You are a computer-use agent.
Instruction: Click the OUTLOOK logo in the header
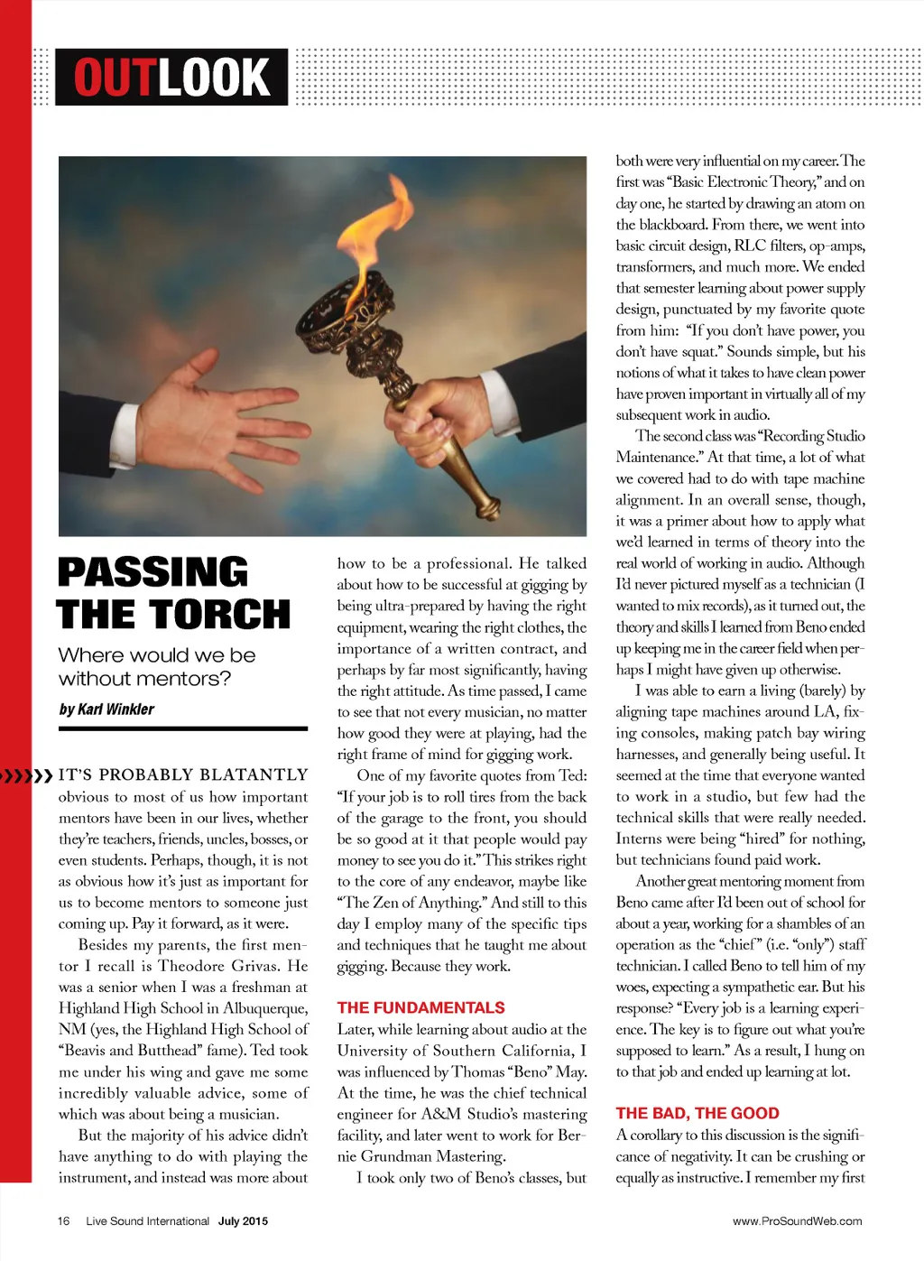(x=171, y=77)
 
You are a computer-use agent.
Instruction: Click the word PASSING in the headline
(x=152, y=572)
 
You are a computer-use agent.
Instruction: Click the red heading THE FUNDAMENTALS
(x=420, y=1007)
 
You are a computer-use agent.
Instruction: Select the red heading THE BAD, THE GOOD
(x=698, y=1113)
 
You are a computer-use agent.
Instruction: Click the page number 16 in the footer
(x=63, y=1221)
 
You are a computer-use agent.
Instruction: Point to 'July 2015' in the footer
(x=243, y=1221)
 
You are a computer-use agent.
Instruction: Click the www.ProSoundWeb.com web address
(x=797, y=1221)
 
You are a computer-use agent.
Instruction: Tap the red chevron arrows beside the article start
(x=27, y=774)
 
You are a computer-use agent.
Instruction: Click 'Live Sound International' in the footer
(x=147, y=1221)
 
